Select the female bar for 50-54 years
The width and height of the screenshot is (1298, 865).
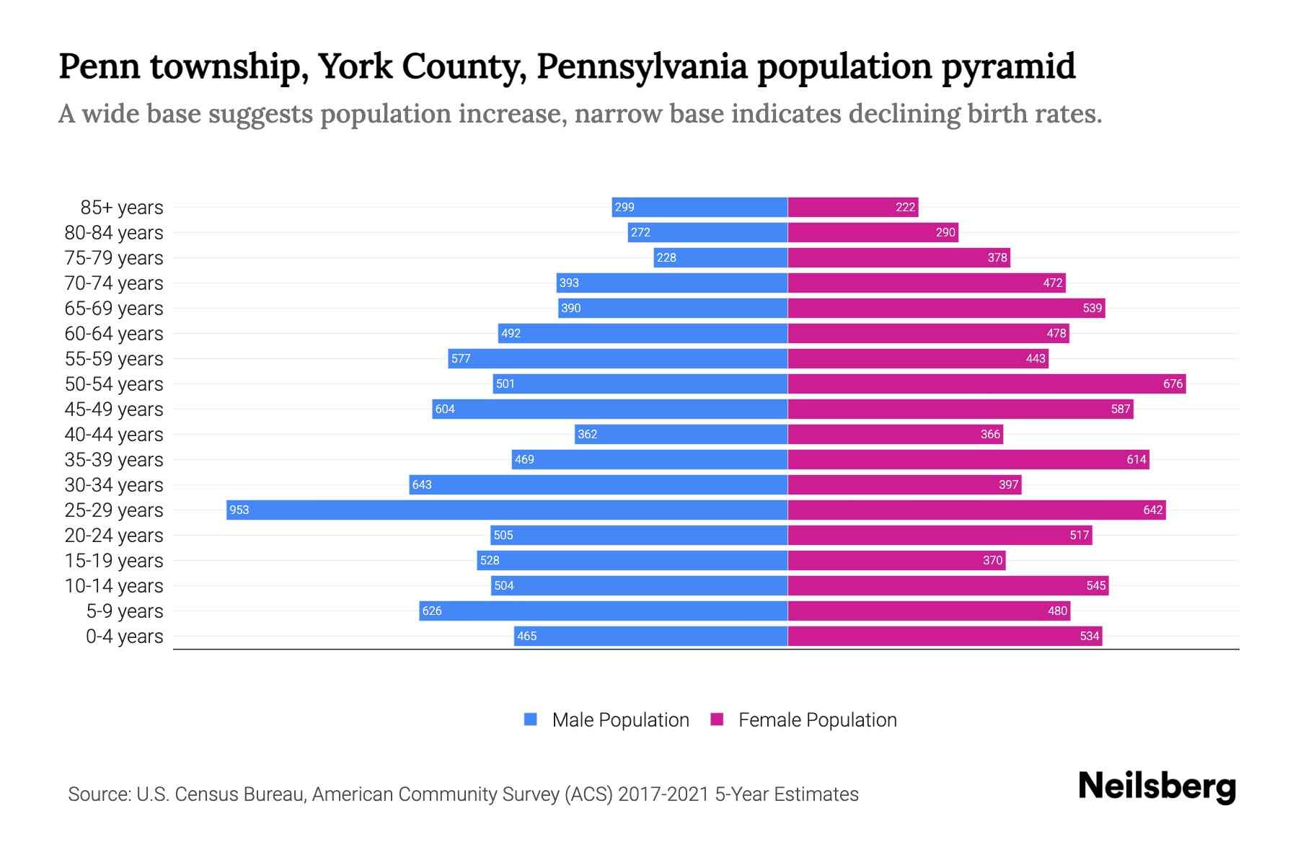pyautogui.click(x=986, y=383)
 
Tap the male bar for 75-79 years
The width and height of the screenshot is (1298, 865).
pyautogui.click(x=720, y=257)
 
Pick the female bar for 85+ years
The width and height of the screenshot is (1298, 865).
pyautogui.click(x=852, y=207)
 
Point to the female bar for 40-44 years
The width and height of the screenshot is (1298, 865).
pyautogui.click(x=895, y=434)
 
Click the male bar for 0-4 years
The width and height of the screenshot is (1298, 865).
pyautogui.click(x=650, y=636)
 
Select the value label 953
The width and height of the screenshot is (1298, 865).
pyautogui.click(x=239, y=510)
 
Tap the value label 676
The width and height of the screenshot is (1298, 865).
pyautogui.click(x=1173, y=383)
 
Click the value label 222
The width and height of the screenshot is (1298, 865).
pyautogui.click(x=905, y=207)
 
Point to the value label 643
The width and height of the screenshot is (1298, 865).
pyautogui.click(x=422, y=484)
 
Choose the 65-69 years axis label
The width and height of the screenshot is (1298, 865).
pyautogui.click(x=114, y=308)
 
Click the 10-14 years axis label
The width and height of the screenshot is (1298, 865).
pyautogui.click(x=114, y=585)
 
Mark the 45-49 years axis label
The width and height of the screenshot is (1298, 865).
pyautogui.click(x=114, y=409)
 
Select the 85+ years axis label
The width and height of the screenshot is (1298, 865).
pyautogui.click(x=122, y=207)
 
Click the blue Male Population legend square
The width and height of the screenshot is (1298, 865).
pyautogui.click(x=531, y=719)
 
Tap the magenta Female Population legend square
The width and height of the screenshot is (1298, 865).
pyautogui.click(x=717, y=719)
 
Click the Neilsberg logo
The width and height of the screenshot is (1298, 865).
pyautogui.click(x=1157, y=786)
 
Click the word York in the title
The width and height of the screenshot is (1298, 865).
pyautogui.click(x=354, y=66)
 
